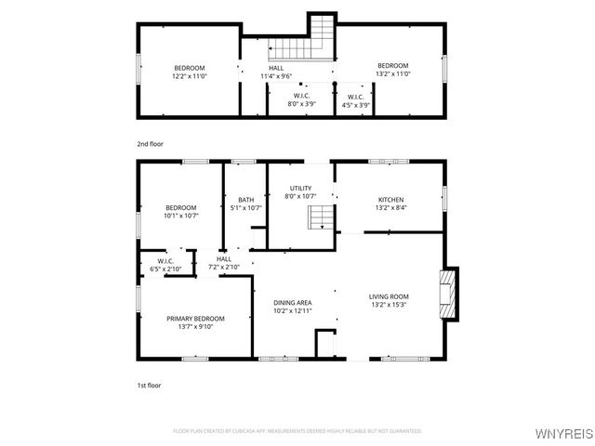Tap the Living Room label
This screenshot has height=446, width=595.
point(390,296)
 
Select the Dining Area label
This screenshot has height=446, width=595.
point(292,303)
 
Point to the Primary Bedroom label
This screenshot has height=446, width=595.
point(195,319)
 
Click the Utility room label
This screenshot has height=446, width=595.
point(300,189)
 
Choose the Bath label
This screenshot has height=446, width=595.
point(245,200)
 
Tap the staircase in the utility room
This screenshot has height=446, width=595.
point(321,219)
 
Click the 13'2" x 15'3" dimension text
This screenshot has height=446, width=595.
point(390,305)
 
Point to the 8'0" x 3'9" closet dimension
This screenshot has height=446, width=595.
point(301,105)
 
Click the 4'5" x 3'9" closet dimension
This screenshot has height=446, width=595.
point(355,105)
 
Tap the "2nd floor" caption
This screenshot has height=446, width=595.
point(149,144)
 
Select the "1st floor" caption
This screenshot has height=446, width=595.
point(149,384)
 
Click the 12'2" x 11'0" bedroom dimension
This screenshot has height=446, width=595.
point(190,75)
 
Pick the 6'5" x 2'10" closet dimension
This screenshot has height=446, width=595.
point(165,269)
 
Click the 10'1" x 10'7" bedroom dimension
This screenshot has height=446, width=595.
point(180,216)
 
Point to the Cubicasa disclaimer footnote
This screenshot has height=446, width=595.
point(297,431)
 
